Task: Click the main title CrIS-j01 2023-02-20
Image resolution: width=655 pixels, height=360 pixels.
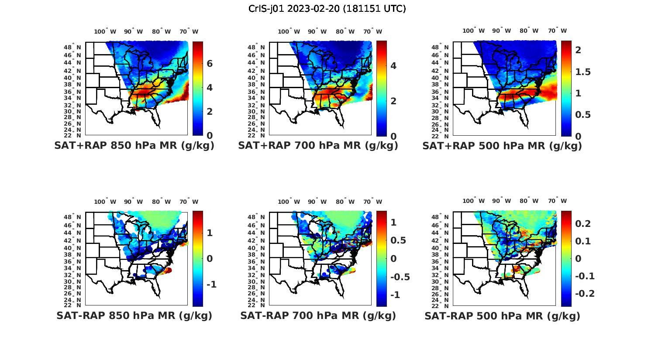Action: point(327,9)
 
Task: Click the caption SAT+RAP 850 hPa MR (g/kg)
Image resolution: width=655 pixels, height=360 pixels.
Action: point(134,146)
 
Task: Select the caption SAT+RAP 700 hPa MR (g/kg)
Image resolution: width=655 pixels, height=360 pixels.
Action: point(318,146)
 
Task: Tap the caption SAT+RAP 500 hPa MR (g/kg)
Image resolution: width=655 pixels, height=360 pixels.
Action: point(502,146)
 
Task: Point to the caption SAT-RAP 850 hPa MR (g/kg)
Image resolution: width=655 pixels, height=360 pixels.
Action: point(134,315)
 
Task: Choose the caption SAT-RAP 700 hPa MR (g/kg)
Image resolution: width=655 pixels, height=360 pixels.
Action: point(318,315)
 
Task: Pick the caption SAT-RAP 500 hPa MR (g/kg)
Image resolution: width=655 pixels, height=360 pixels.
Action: point(502,315)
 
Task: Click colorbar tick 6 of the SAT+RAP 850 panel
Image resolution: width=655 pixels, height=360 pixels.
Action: point(210,64)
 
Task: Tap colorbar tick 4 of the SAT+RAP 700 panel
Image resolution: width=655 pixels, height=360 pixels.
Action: point(393,66)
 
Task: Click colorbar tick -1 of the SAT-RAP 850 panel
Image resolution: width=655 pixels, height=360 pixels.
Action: point(211,285)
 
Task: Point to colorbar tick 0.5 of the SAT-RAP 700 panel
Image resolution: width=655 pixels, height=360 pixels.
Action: point(398,240)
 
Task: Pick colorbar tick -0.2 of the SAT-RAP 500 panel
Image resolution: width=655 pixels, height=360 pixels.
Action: point(585,293)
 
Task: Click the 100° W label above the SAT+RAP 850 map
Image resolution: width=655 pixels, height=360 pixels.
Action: point(105,31)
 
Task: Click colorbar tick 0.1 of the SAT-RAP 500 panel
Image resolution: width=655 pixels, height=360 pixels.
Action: point(583,241)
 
